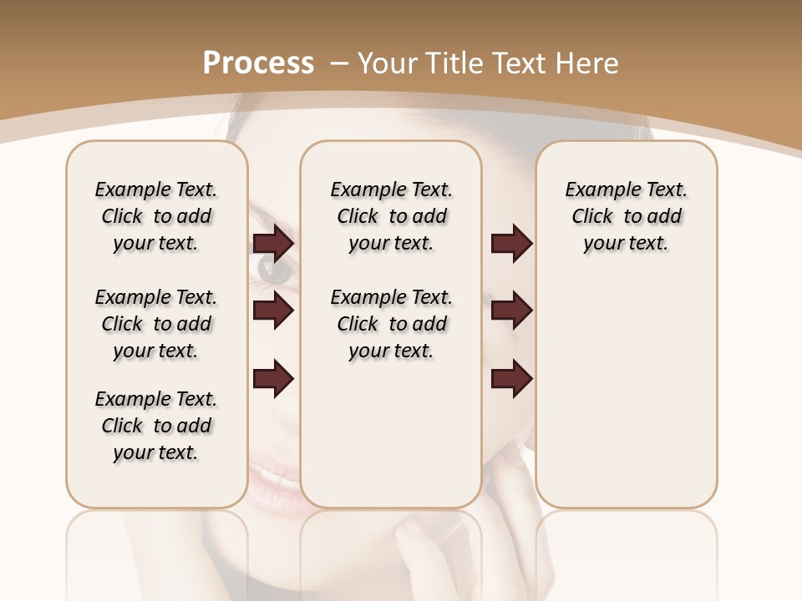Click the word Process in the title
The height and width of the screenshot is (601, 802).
click(258, 63)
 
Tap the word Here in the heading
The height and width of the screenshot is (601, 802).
click(586, 63)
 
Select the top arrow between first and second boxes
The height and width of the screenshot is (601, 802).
click(273, 244)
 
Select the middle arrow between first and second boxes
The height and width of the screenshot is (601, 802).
click(273, 311)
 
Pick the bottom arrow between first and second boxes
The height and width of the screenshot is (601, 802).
click(273, 378)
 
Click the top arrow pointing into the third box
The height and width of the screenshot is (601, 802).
click(511, 244)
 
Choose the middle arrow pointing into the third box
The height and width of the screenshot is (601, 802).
click(511, 311)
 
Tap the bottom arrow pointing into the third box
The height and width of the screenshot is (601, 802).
click(511, 378)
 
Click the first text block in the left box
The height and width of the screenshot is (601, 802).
click(156, 216)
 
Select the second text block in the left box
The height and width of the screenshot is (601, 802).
click(156, 324)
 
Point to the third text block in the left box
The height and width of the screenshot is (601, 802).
click(156, 426)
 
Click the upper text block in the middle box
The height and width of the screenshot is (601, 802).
click(391, 216)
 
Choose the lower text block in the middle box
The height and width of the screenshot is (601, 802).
click(391, 324)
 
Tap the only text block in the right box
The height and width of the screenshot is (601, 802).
click(626, 216)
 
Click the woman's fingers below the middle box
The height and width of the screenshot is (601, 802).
click(434, 543)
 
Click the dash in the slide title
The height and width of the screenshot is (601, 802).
click(339, 63)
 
